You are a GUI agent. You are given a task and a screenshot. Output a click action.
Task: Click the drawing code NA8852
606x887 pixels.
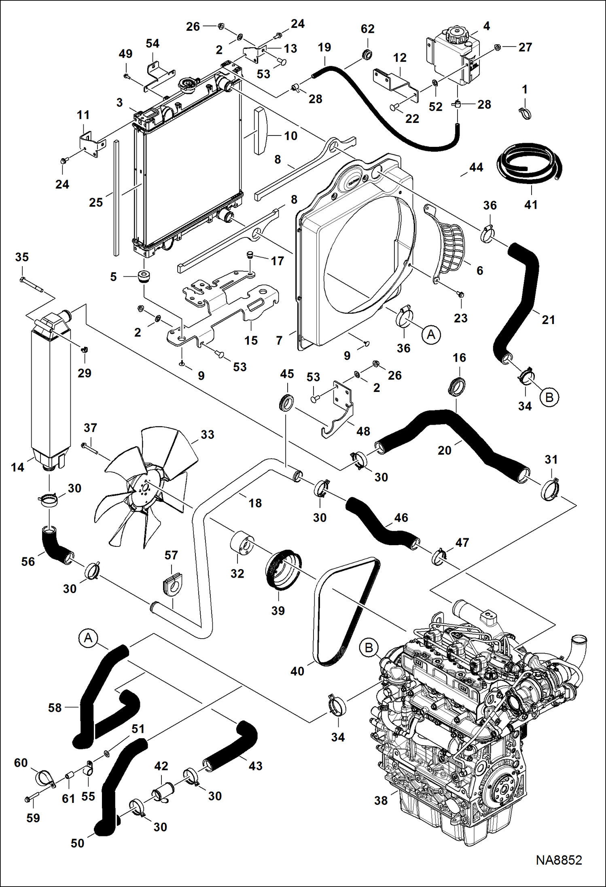click(559, 860)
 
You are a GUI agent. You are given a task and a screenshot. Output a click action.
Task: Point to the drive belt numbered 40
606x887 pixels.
click(346, 611)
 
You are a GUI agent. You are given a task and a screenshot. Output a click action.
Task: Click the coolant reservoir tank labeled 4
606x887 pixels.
click(453, 57)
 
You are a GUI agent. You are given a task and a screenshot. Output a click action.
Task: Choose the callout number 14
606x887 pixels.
click(17, 467)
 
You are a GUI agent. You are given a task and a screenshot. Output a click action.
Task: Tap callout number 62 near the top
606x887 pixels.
click(368, 29)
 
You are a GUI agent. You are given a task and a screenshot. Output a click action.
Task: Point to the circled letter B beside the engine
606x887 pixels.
click(369, 648)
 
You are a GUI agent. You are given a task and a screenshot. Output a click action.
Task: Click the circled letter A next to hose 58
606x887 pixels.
click(88, 638)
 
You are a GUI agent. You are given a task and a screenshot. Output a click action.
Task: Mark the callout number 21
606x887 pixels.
click(548, 320)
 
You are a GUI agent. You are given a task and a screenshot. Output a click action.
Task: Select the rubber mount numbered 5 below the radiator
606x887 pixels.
click(144, 276)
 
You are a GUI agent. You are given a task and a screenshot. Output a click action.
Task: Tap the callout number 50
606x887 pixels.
click(77, 843)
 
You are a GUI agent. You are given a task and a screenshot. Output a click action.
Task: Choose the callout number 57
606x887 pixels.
click(171, 555)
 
